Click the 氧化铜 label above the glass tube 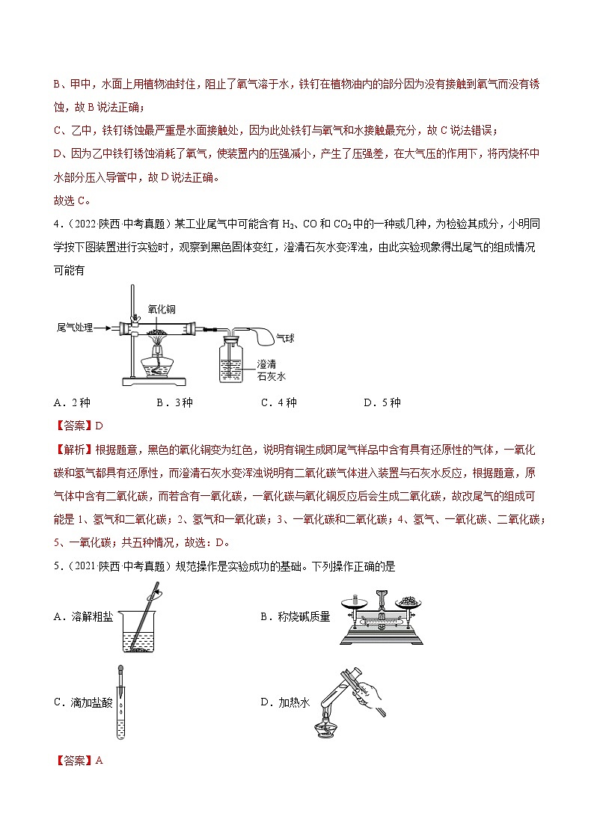click(162, 307)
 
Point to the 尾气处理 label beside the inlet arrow click(75, 328)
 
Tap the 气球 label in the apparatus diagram click(285, 338)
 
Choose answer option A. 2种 click(72, 402)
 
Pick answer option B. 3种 click(174, 402)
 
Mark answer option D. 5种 click(382, 402)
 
